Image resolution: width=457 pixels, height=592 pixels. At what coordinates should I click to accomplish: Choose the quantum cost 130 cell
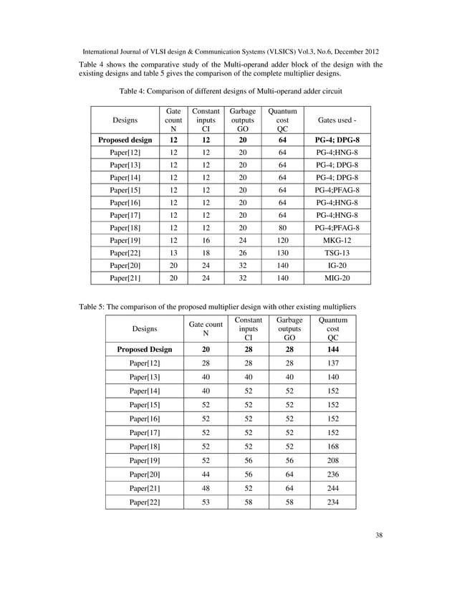point(282,256)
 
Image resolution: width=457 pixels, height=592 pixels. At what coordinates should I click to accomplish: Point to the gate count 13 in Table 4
point(173,256)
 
